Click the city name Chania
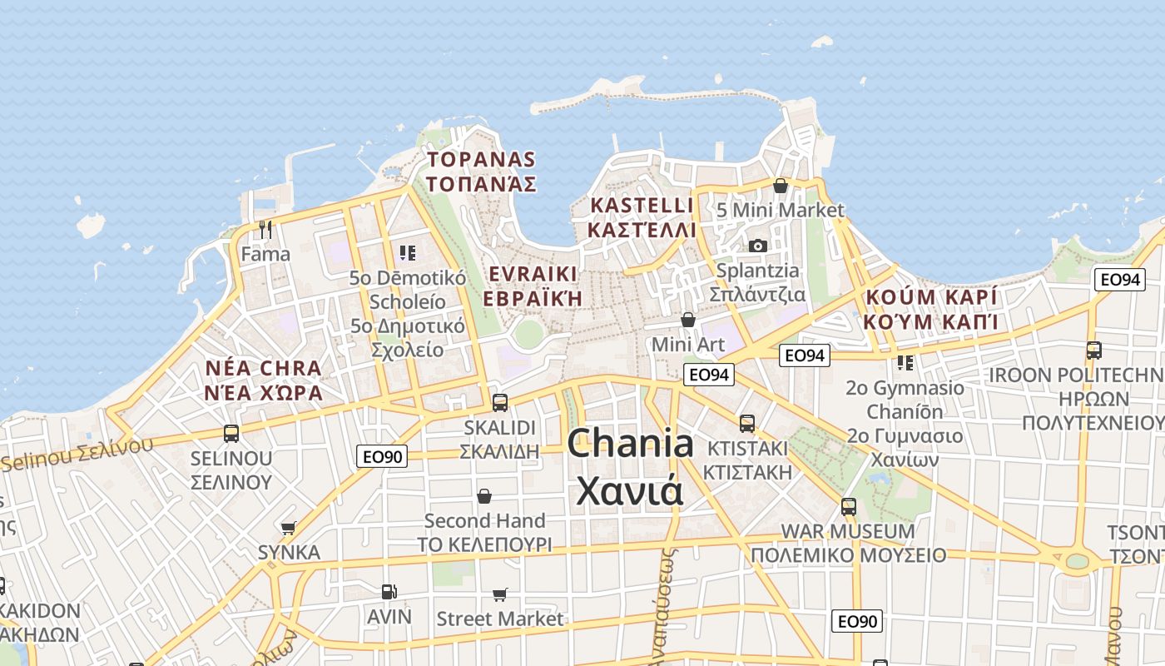point(630,444)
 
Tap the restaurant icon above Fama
point(265,229)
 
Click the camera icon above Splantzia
point(757,246)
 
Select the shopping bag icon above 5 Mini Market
point(781,186)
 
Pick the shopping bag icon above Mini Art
point(688,320)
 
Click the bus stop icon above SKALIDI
point(499,403)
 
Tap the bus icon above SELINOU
point(231,434)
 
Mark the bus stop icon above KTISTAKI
point(747,424)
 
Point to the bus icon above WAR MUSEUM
point(849,506)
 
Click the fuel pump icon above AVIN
point(389,592)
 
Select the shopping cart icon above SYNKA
point(289,528)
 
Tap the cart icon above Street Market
point(500,594)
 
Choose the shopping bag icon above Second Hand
point(484,497)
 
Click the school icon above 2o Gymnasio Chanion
point(905,363)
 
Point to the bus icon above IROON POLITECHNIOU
point(1093,350)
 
